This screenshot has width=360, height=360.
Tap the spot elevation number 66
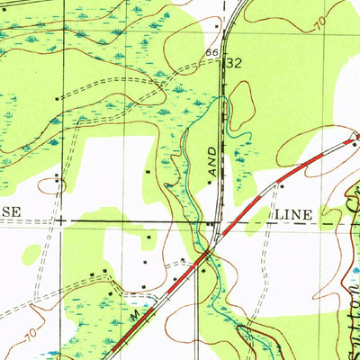click(211, 54)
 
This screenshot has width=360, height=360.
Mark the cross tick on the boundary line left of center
click(60, 219)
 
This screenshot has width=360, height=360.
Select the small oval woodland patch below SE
click(31, 254)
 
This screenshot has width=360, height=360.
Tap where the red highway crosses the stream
click(205, 256)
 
